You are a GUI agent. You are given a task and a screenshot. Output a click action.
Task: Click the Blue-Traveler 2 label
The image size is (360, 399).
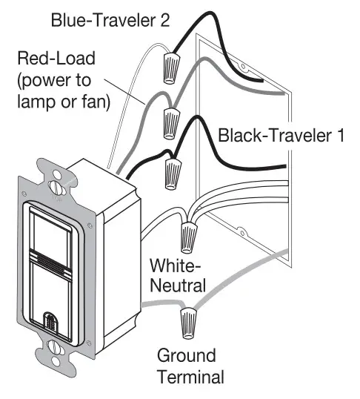tap(110, 20)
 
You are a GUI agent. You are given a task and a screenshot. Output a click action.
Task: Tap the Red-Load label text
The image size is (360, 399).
tap(56, 59)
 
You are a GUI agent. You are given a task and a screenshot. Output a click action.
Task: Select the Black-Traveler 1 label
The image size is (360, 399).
tap(281, 135)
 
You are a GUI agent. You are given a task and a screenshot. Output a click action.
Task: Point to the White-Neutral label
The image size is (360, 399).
tap(178, 275)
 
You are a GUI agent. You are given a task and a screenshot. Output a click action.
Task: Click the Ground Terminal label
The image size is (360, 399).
tap(190, 366)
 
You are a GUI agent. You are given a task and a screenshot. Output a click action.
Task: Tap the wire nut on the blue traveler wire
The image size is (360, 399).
tap(171, 67)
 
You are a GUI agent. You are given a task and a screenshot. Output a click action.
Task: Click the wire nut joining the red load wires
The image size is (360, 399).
tap(172, 123)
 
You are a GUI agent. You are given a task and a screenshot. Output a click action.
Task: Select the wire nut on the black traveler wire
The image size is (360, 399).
tap(173, 174)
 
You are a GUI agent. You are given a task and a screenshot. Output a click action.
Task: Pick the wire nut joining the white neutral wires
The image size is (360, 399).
tap(188, 237)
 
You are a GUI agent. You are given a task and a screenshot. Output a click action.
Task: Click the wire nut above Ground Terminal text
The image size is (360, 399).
tap(188, 323)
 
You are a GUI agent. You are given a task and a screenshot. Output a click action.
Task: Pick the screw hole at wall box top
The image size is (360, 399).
tap(243, 67)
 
